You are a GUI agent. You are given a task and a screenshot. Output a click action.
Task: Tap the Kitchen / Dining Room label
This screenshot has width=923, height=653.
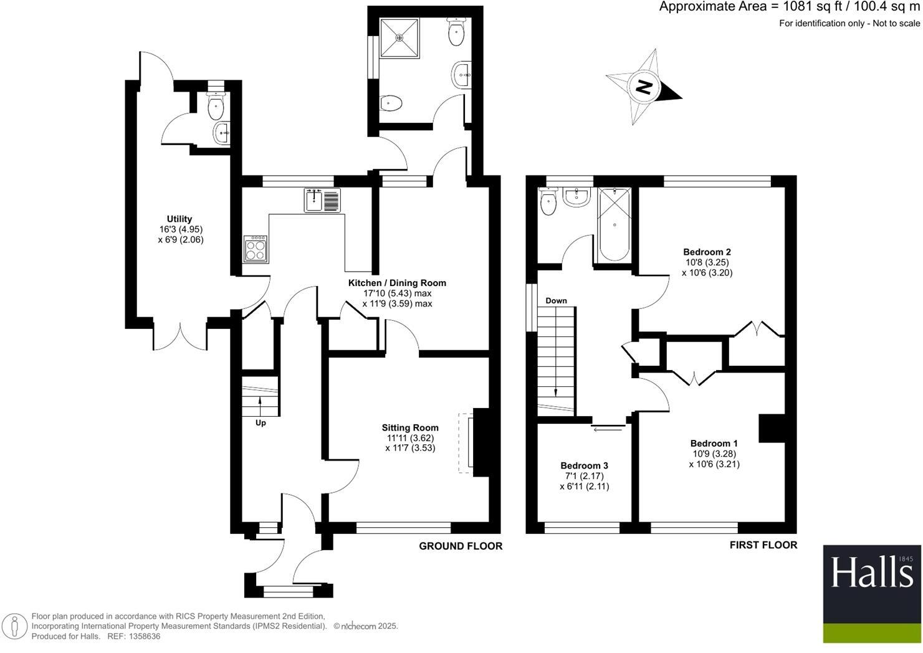tap(397, 283)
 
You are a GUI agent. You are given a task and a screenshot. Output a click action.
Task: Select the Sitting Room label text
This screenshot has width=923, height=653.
tap(410, 428)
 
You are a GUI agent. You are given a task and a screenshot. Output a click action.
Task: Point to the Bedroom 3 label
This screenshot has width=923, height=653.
tap(584, 465)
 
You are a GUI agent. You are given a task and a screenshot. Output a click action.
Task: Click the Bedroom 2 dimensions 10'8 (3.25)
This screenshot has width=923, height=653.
tap(706, 262)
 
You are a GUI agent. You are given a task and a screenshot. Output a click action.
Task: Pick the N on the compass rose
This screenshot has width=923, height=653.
tap(644, 87)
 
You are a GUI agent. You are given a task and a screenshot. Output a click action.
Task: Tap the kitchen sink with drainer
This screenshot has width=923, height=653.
tap(322, 200)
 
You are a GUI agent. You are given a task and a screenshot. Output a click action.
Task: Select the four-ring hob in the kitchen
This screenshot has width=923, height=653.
tap(256, 249)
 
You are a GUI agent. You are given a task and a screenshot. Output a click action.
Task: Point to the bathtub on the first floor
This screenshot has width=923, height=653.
tap(615, 224)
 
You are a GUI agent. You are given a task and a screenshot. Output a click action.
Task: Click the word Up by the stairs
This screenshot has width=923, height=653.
tap(261, 423)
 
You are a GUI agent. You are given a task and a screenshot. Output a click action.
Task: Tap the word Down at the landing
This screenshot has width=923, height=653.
tap(556, 301)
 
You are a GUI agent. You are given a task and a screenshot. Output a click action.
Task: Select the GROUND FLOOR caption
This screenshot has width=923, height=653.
tap(460, 546)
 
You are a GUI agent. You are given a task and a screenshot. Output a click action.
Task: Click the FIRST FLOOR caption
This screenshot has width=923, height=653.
tap(763, 545)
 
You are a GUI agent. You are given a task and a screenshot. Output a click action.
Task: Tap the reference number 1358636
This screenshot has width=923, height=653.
tap(143, 637)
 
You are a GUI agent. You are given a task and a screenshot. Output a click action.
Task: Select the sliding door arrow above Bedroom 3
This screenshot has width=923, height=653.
tap(608, 428)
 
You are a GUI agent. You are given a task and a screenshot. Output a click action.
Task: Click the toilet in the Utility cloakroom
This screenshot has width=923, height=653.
tap(216, 108)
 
